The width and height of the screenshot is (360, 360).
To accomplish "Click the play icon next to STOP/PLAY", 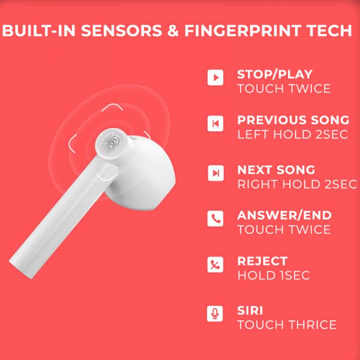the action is (215, 77).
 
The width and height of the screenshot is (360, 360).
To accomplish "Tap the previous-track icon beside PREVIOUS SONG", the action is (215, 124).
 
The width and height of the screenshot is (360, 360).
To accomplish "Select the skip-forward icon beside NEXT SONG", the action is (215, 173).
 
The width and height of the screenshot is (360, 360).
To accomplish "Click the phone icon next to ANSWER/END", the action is (215, 218).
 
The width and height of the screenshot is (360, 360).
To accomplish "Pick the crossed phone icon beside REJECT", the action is (215, 265).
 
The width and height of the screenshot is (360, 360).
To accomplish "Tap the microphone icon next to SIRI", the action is (215, 314).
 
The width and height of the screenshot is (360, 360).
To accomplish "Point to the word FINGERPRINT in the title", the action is (243, 31).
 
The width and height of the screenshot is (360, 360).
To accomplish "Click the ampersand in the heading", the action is (173, 31).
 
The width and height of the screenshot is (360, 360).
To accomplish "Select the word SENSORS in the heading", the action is (122, 31).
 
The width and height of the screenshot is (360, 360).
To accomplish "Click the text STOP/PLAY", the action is (275, 74).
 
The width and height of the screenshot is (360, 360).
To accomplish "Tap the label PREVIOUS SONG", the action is (293, 120).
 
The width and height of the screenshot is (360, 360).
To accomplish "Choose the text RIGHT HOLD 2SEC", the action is (297, 184).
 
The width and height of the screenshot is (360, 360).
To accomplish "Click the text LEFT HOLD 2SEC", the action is (293, 134).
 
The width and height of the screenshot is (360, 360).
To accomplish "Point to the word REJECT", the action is (262, 261).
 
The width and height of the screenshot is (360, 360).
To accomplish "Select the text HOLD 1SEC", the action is (274, 275).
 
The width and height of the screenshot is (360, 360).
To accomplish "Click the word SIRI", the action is (250, 310).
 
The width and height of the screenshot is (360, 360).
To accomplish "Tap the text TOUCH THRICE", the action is (287, 325).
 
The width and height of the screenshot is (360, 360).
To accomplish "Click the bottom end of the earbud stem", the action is (22, 271).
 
